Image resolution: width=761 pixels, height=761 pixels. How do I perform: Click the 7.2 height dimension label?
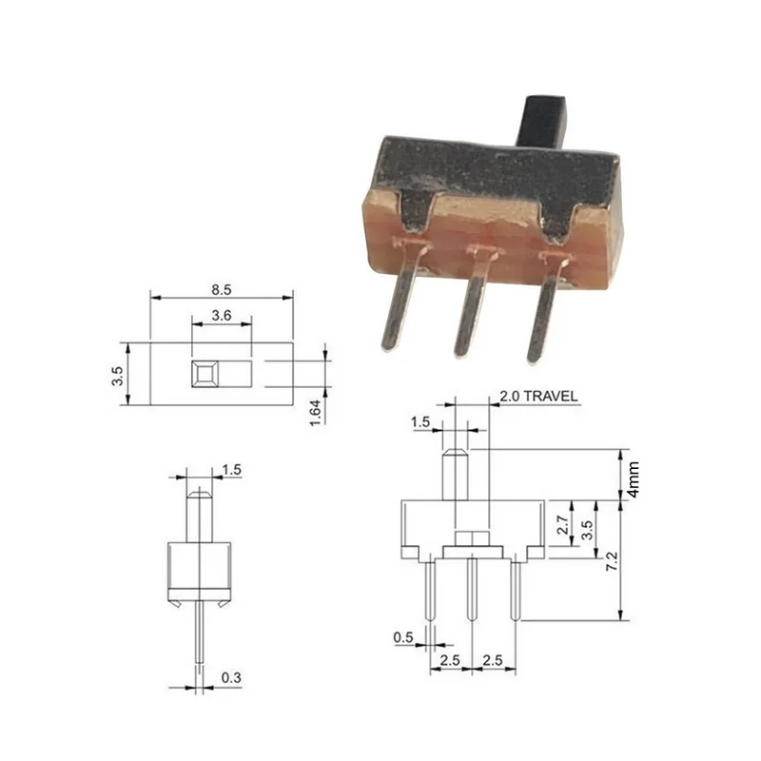tap(612, 562)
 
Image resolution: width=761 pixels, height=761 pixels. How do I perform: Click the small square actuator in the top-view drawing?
tap(204, 373)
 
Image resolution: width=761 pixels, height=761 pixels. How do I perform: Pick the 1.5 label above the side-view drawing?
tap(231, 469)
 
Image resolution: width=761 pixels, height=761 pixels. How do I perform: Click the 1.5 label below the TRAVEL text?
tap(419, 421)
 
